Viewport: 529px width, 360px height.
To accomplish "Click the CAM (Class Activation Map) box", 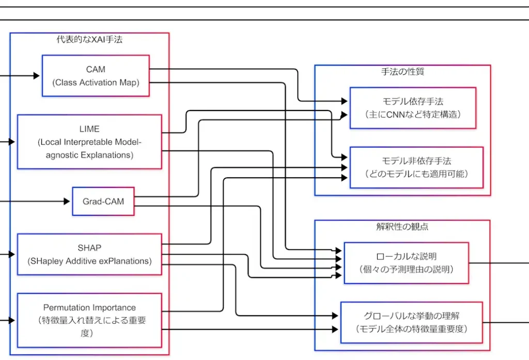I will point(96,75).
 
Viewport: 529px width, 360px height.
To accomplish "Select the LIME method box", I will point(89,142).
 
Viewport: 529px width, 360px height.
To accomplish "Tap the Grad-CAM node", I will point(103,201).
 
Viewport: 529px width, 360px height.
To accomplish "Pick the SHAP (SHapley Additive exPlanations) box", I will point(89,254).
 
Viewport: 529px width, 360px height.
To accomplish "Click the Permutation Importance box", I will point(89,320).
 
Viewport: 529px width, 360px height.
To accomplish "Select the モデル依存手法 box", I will point(412,107).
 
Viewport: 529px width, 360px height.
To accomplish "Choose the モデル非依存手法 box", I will point(416,167).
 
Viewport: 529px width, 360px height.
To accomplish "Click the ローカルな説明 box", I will point(406,262).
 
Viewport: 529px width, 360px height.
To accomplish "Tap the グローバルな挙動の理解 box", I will point(411,322).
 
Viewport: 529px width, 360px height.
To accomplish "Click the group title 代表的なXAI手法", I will point(89,40).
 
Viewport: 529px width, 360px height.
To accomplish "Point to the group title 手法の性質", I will point(402,72).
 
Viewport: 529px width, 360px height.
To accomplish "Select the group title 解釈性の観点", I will point(402,227).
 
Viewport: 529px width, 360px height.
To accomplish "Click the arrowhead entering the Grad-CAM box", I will point(67,201).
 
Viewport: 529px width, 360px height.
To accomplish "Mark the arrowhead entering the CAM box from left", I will point(37,76).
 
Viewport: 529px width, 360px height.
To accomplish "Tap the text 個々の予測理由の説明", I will point(406,269).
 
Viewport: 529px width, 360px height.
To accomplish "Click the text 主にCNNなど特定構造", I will point(412,114).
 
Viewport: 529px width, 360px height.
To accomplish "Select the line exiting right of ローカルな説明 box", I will point(499,262).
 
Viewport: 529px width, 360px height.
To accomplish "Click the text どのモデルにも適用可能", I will point(416,174).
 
